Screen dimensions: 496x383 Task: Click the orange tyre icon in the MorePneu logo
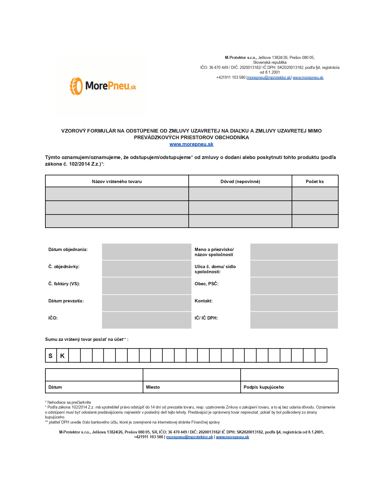[x=76, y=86]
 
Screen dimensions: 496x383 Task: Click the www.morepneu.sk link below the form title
[x=191, y=144]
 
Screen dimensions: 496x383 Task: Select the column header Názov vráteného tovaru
[x=117, y=181]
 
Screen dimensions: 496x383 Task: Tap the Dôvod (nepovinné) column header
[x=240, y=181]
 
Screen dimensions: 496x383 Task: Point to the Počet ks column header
[x=315, y=181]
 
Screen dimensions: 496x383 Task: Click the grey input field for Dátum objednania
[x=147, y=252]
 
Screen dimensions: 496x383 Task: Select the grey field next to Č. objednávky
[x=147, y=268]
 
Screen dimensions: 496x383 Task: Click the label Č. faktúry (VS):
[x=64, y=283]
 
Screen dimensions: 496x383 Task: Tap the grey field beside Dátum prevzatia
[x=147, y=303]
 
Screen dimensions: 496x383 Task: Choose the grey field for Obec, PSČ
[x=294, y=286]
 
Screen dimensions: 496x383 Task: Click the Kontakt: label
[x=203, y=301]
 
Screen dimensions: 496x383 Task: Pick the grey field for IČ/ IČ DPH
[x=294, y=320]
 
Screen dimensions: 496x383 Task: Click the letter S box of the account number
[x=50, y=356]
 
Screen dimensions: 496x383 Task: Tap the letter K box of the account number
[x=62, y=356]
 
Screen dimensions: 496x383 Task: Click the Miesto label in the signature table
[x=153, y=387]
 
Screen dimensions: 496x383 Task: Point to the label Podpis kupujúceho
[x=263, y=387]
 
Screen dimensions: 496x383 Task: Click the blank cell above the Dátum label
[x=94, y=375]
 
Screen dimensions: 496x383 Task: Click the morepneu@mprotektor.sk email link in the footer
[x=190, y=437]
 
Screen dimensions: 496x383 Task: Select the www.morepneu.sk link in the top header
[x=308, y=77]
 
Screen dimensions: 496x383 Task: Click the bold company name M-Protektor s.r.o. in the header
[x=241, y=57]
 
